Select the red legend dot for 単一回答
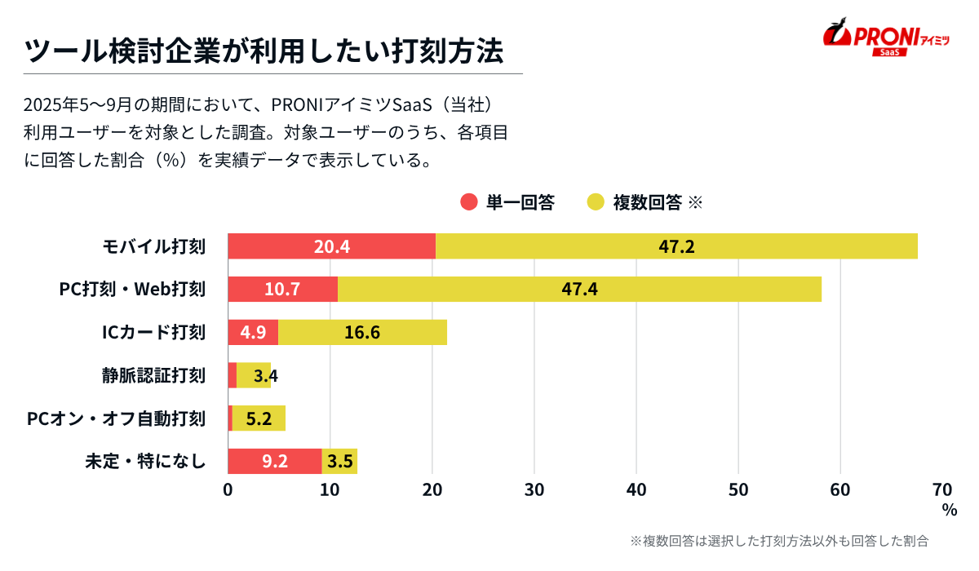[x=468, y=202]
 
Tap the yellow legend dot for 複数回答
[x=596, y=202]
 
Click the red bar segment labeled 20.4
[x=331, y=246]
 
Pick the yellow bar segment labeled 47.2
[x=676, y=246]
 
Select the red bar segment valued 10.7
[x=282, y=290]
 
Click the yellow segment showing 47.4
[x=579, y=290]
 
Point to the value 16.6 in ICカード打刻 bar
[x=362, y=333]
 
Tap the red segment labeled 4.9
[x=253, y=333]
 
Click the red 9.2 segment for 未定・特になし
[x=274, y=462]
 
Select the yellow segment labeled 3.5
[x=340, y=462]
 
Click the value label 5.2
[x=259, y=419]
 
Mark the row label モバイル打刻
[x=153, y=246]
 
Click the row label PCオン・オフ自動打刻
[x=116, y=419]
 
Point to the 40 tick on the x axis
[x=636, y=489]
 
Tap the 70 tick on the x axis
[x=941, y=489]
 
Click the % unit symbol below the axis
[x=949, y=510]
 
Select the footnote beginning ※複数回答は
[x=779, y=541]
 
